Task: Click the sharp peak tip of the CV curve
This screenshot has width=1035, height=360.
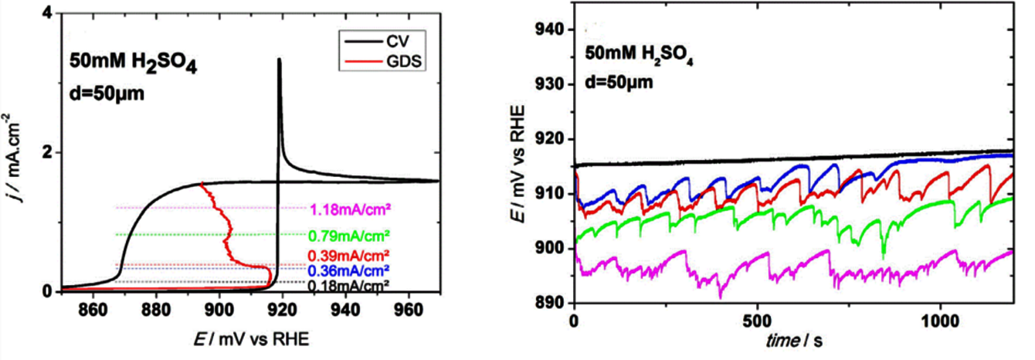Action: coord(279,59)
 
